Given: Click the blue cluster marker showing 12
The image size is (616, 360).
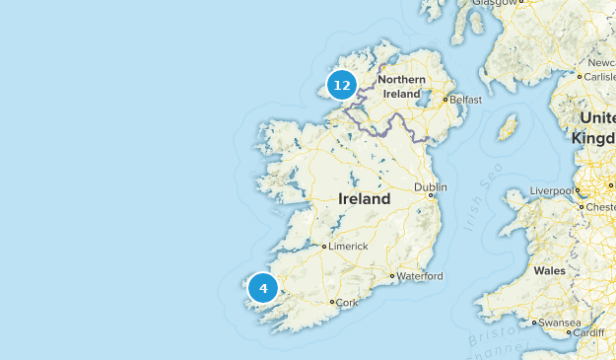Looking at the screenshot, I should pyautogui.click(x=342, y=85).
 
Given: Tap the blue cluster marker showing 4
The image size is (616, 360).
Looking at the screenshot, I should pyautogui.click(x=263, y=288).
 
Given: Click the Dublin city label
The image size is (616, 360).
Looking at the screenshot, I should pyautogui.click(x=431, y=186).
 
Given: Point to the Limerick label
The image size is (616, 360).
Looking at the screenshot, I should pyautogui.click(x=349, y=246).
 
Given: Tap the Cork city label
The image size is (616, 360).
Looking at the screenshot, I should pyautogui.click(x=347, y=303).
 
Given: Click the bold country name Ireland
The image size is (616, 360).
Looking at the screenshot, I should pyautogui.click(x=364, y=199).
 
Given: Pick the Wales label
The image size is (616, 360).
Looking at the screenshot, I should pyautogui.click(x=549, y=270).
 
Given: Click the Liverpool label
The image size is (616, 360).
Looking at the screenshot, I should pyautogui.click(x=551, y=189).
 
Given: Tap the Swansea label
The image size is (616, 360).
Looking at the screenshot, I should pyautogui.click(x=560, y=323).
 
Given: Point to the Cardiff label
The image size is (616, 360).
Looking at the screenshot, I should pyautogui.click(x=588, y=333).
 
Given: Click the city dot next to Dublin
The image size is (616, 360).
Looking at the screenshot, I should pyautogui.click(x=430, y=195).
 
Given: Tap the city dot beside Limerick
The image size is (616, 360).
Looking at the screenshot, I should pyautogui.click(x=324, y=246).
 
